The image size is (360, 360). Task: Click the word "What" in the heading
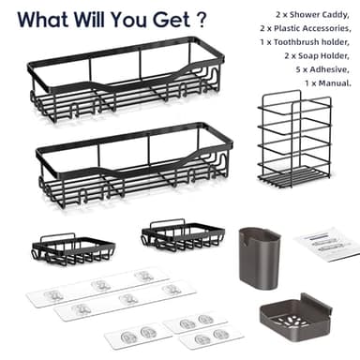[x=43, y=20]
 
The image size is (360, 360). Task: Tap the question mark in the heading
[x=202, y=20]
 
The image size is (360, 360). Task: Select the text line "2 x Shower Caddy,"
[x=312, y=14]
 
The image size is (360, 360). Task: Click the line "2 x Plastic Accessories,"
[x=306, y=28]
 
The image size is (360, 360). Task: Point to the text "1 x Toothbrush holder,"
[x=305, y=42]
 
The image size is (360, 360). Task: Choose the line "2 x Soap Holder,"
[x=317, y=55]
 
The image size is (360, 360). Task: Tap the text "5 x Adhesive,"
[x=322, y=69]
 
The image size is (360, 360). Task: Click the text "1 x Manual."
[x=328, y=83]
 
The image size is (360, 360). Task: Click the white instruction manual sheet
[x=326, y=245]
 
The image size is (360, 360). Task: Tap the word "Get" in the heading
[x=172, y=20]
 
